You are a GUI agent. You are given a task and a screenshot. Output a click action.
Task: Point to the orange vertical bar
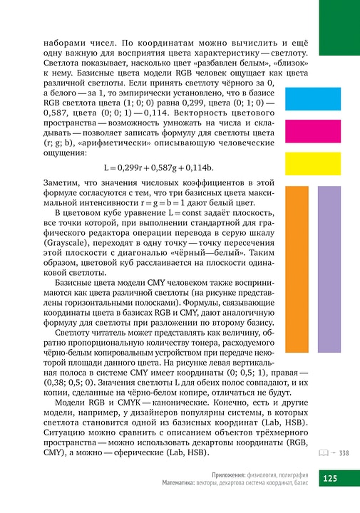296,269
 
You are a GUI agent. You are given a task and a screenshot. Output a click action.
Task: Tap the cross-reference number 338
344,452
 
